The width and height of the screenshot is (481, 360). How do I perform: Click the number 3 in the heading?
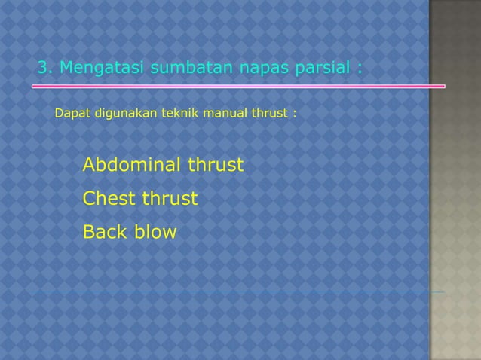(x=43, y=69)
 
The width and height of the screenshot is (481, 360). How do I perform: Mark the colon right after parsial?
(x=360, y=70)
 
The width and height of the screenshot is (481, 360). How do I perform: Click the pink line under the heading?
(x=237, y=87)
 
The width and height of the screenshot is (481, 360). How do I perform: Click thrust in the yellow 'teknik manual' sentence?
(x=270, y=114)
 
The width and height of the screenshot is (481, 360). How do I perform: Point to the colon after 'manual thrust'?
(x=294, y=115)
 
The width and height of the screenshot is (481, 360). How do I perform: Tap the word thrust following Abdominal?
(x=216, y=164)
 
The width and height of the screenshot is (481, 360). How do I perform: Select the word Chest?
(x=107, y=199)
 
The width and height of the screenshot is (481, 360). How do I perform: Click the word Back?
(x=106, y=232)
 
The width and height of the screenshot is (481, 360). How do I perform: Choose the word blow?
(x=156, y=232)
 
